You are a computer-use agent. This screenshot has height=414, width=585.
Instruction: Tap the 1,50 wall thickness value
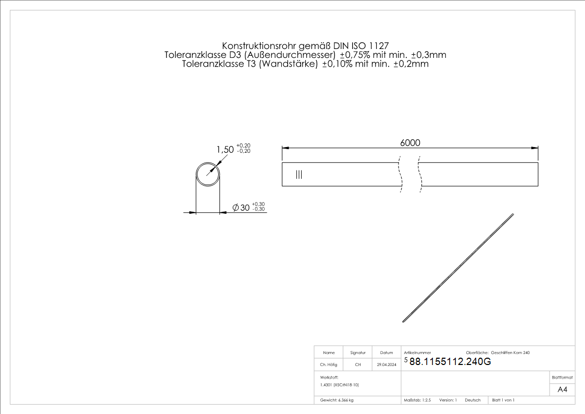225,150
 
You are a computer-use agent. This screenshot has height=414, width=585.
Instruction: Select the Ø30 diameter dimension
241,208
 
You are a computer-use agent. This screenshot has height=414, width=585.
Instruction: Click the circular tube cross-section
208,175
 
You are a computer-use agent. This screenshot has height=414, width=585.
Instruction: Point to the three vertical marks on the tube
298,175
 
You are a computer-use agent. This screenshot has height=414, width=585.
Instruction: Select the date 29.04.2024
387,365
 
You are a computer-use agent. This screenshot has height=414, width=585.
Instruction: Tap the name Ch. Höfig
329,365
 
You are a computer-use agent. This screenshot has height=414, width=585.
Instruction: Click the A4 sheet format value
562,389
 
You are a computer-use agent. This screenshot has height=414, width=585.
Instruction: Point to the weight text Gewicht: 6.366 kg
337,400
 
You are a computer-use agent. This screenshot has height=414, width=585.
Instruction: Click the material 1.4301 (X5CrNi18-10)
340,385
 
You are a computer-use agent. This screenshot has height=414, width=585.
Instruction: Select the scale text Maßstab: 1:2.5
417,400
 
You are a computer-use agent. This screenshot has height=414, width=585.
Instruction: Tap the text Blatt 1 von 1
503,400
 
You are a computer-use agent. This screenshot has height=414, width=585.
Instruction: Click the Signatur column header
358,353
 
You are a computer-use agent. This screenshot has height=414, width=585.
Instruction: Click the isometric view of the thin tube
458,268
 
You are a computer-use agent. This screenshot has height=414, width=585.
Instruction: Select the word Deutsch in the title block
472,400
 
